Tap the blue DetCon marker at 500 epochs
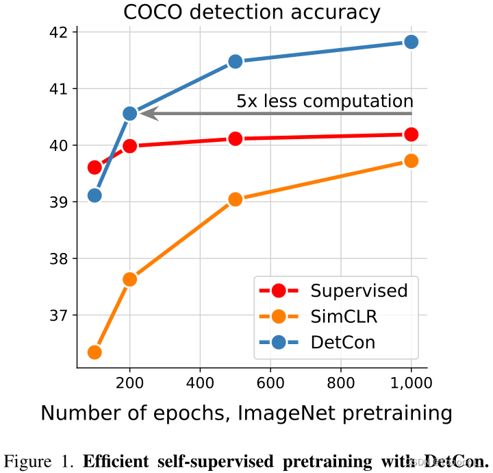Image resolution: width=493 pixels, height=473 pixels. click(236, 61)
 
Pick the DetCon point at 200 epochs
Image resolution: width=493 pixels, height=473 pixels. click(130, 113)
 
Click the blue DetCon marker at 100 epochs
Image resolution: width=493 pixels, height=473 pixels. click(94, 195)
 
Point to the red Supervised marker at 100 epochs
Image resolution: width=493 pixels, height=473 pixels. click(94, 167)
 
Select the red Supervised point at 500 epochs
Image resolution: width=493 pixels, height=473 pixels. click(236, 138)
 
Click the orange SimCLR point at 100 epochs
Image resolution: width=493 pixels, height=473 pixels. click(94, 352)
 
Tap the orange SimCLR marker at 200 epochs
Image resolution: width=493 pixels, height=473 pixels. click(130, 279)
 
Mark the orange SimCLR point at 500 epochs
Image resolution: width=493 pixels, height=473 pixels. click(236, 199)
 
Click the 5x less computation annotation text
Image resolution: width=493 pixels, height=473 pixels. click(325, 101)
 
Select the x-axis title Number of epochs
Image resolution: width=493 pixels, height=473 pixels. click(246, 413)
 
